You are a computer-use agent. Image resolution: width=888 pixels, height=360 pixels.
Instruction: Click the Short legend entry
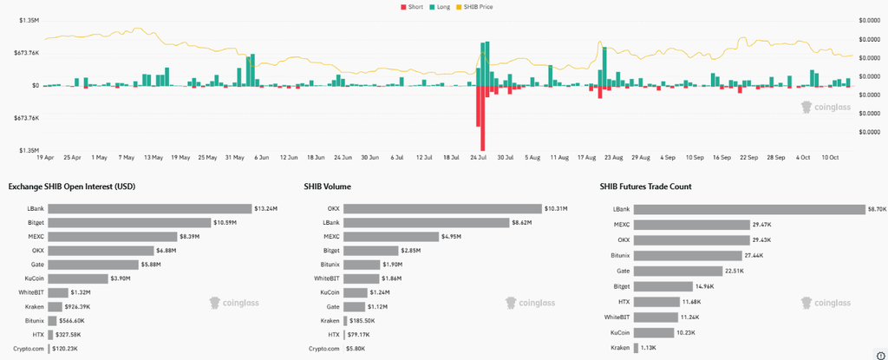tap(412, 7)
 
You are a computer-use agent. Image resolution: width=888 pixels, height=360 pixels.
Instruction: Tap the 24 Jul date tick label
tap(479, 157)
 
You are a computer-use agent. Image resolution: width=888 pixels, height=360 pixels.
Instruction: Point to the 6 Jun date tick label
tap(262, 157)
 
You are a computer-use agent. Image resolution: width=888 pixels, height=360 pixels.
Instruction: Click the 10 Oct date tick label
tap(830, 157)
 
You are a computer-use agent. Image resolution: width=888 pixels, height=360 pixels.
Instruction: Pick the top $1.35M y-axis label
tap(29, 20)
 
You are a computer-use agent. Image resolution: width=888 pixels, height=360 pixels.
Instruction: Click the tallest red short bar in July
tap(482, 118)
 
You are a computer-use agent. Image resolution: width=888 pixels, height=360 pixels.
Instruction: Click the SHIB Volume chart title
tap(328, 187)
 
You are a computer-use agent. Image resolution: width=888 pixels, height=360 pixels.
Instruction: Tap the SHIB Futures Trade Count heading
tap(645, 187)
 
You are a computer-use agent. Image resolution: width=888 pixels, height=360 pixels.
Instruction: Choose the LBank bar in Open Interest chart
tap(149, 209)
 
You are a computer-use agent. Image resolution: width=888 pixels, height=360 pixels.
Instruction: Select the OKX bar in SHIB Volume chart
tap(443, 209)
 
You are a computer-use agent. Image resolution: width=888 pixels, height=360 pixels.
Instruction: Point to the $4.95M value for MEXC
tap(452, 237)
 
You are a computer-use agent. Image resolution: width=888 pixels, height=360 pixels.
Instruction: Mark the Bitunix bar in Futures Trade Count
tap(688, 256)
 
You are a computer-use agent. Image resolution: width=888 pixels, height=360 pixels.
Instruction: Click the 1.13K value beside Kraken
tap(649, 348)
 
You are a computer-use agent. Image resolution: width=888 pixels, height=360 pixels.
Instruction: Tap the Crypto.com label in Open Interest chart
tap(29, 348)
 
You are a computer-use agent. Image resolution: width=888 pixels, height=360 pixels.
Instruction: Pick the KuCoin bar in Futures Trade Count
tap(655, 333)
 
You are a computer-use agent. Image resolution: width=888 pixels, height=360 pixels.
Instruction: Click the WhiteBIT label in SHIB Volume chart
tap(327, 278)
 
